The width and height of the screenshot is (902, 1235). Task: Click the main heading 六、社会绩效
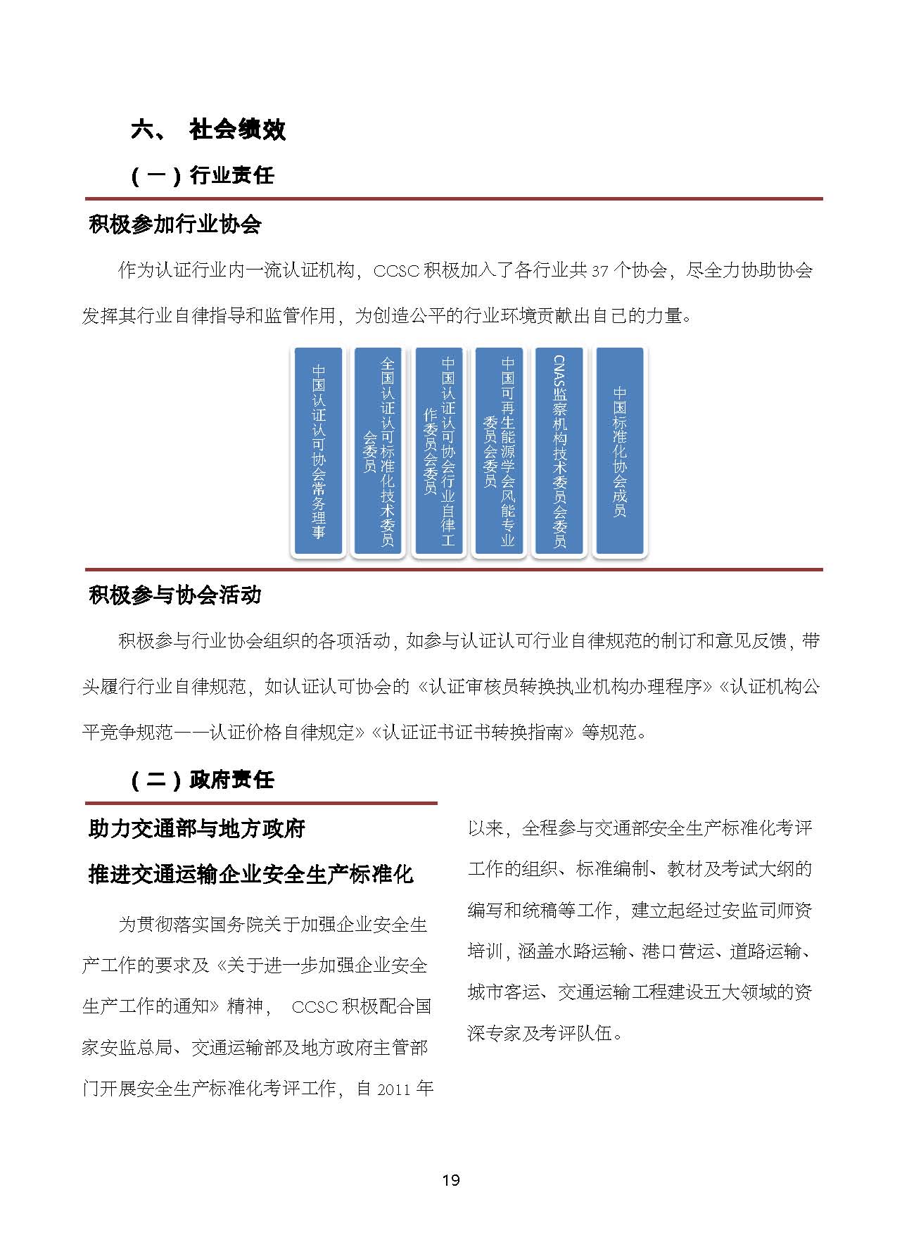(x=208, y=129)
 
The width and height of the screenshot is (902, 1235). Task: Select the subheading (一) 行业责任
(x=203, y=175)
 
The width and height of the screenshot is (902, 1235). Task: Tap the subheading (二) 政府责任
(x=203, y=780)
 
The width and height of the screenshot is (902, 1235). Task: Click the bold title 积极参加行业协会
(x=175, y=224)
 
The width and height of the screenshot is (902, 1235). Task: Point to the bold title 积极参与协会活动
(x=175, y=595)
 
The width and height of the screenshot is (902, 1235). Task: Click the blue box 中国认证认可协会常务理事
(x=319, y=451)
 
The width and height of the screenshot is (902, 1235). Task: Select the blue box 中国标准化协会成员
(x=619, y=451)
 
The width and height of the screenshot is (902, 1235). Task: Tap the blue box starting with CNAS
(x=559, y=451)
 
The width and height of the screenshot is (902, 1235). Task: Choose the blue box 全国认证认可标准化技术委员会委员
(x=379, y=451)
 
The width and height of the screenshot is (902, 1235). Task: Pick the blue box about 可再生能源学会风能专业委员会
(x=499, y=451)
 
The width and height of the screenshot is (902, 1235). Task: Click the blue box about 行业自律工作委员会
(x=439, y=451)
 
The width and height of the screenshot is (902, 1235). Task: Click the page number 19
(x=451, y=1180)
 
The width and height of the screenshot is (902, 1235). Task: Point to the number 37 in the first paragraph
(x=599, y=271)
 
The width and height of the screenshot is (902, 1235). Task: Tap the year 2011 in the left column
(x=393, y=1089)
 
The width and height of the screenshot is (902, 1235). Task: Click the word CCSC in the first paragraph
(x=396, y=271)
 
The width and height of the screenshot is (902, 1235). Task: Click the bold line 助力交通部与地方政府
(x=196, y=829)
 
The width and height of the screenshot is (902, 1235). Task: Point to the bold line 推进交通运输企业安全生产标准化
(x=250, y=875)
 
